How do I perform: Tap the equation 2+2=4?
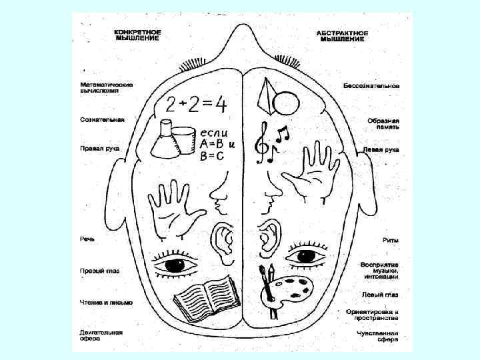[x=196, y=103]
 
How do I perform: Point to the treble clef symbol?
[x=265, y=142]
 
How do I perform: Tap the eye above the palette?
[x=305, y=256]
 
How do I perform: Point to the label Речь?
[x=87, y=237]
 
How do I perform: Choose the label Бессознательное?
[x=371, y=86]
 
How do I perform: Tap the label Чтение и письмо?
[x=106, y=302]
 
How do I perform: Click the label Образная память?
[x=383, y=125]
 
